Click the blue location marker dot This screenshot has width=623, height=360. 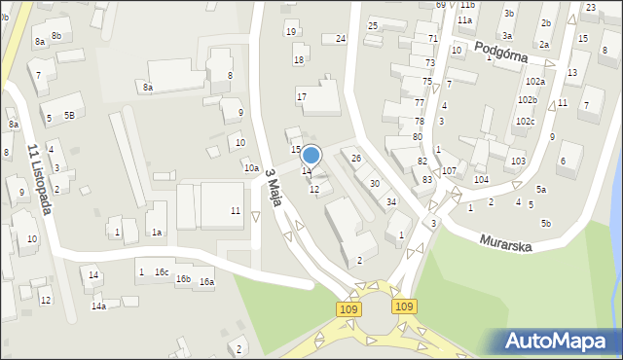click(311, 155)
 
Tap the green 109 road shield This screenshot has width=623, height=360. click(350, 308)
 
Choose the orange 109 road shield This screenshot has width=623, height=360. click(405, 306)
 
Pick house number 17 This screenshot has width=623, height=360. click(302, 97)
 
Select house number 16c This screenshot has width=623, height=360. click(162, 272)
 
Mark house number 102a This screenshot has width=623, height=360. click(534, 82)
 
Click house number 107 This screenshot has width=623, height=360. click(449, 171)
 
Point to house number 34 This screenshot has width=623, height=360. click(391, 202)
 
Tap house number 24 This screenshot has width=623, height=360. click(341, 39)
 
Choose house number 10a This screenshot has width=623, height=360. click(251, 168)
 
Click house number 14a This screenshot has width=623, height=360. click(98, 306)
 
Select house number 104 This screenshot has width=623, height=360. click(481, 180)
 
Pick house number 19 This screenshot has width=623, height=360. click(291, 32)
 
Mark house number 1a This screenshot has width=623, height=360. click(156, 233)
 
